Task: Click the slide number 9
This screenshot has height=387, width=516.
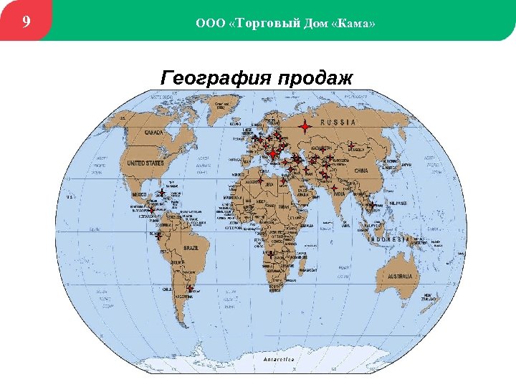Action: click(26, 21)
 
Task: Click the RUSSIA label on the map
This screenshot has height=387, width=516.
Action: click(338, 123)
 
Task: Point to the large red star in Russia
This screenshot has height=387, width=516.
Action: click(305, 127)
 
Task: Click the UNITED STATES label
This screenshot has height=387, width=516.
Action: click(145, 163)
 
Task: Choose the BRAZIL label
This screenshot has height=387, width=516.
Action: click(191, 247)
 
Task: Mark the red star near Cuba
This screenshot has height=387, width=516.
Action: click(163, 193)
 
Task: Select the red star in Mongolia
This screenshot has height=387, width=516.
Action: click(351, 146)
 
